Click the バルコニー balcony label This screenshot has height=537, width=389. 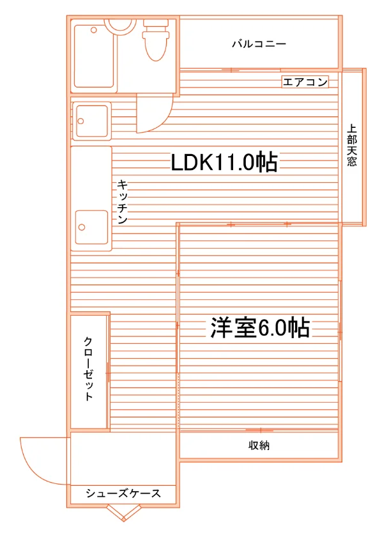[259, 44]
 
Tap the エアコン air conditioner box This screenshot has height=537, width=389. [305, 82]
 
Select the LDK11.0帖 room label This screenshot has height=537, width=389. [224, 162]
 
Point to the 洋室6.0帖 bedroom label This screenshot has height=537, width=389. [260, 328]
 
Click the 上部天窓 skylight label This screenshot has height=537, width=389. [352, 145]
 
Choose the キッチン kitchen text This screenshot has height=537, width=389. [123, 201]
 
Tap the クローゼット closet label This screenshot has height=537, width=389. [88, 368]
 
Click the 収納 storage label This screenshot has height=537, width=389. [259, 445]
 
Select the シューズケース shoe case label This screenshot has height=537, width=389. [123, 493]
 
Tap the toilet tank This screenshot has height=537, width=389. [156, 23]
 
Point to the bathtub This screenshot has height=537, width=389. [94, 56]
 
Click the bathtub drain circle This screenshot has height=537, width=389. [94, 30]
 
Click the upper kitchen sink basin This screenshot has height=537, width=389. [92, 121]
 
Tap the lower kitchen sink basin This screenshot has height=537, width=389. [92, 227]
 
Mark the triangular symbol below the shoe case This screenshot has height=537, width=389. [123, 513]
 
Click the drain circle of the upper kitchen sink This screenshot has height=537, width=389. [81, 121]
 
